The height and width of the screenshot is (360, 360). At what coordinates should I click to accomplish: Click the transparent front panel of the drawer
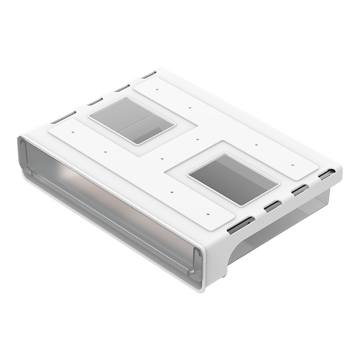[112, 198]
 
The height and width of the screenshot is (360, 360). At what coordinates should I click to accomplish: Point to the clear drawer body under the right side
[288, 225]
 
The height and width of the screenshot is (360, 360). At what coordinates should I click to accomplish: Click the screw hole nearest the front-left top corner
[72, 133]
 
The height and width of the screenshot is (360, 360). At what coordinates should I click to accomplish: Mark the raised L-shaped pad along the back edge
[234, 121]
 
